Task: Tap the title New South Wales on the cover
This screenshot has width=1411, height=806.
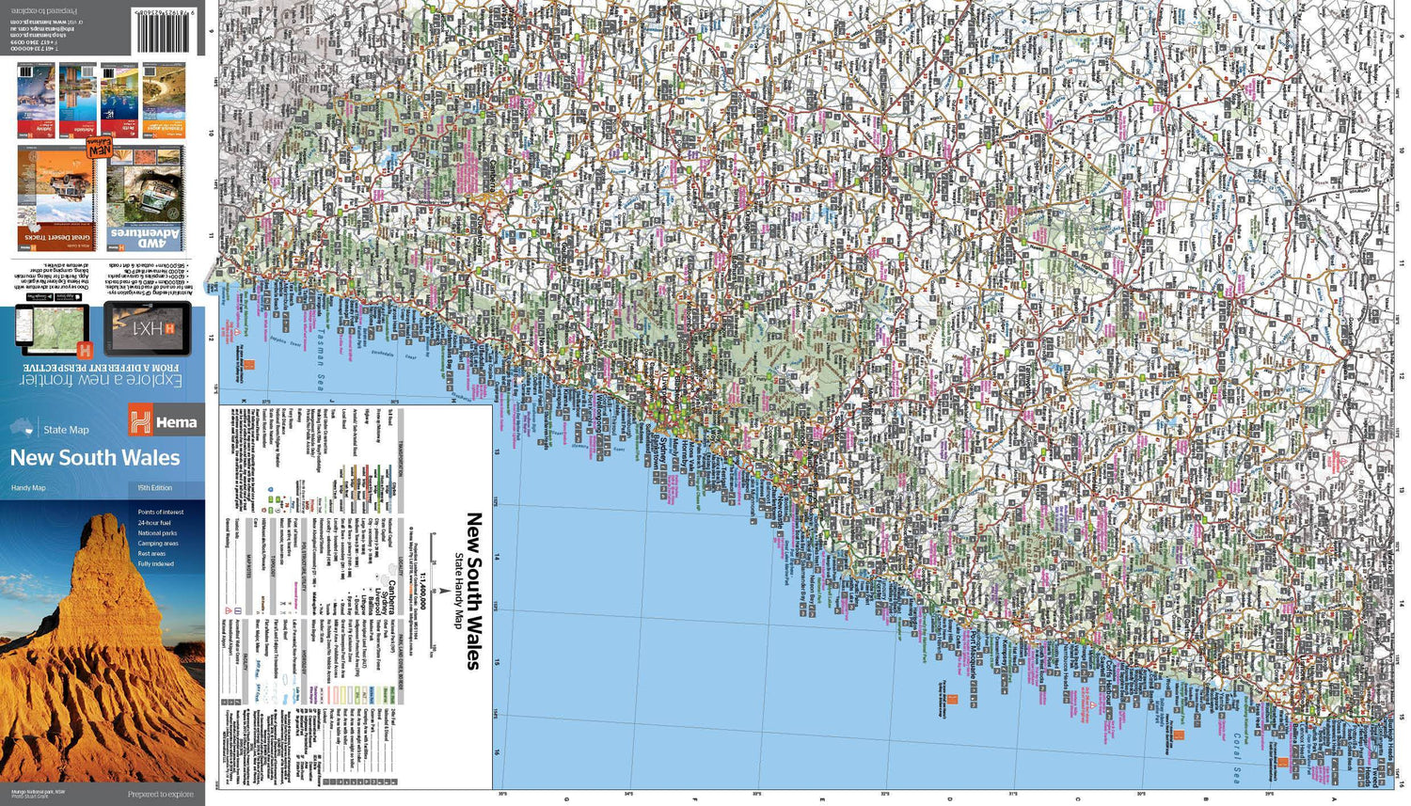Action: (95, 458)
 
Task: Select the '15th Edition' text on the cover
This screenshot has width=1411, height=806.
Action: (154, 488)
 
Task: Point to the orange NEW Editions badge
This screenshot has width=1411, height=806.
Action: (99, 148)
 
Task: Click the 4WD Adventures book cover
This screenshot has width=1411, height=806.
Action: (145, 198)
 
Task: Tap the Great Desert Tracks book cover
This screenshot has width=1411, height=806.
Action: (55, 198)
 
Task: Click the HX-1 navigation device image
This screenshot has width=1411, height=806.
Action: (148, 329)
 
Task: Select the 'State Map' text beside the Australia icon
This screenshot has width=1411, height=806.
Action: (66, 430)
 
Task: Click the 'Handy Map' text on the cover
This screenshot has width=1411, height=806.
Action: (28, 488)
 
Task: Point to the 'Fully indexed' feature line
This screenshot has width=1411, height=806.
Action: (155, 564)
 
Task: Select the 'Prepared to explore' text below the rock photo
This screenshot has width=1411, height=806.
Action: (161, 795)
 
